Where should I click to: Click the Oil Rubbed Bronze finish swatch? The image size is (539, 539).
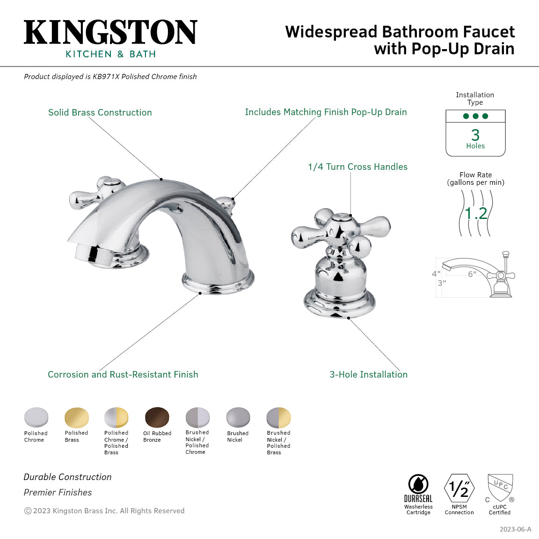click(x=157, y=417)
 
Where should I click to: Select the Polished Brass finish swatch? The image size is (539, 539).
click(x=76, y=417)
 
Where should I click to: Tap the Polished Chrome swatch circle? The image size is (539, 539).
click(x=36, y=417)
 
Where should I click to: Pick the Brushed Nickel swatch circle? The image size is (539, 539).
click(x=238, y=417)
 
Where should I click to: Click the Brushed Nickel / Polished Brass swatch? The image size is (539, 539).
click(x=278, y=417)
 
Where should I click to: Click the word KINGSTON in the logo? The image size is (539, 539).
click(x=110, y=33)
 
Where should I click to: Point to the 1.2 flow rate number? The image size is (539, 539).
click(x=476, y=213)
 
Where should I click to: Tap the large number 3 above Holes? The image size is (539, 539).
click(x=475, y=135)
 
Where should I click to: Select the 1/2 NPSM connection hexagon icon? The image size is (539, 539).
click(x=459, y=488)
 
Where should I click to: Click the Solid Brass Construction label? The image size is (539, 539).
click(x=100, y=112)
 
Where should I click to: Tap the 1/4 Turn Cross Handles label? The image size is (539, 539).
click(x=357, y=167)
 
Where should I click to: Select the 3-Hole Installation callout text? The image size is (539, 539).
click(x=368, y=374)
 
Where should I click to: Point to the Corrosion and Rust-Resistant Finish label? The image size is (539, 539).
click(x=123, y=374)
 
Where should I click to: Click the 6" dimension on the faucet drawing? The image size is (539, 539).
click(x=472, y=274)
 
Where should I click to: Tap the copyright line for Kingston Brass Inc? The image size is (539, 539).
click(x=104, y=510)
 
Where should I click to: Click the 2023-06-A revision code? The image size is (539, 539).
click(x=515, y=529)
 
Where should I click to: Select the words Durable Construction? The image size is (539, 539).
click(x=68, y=477)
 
